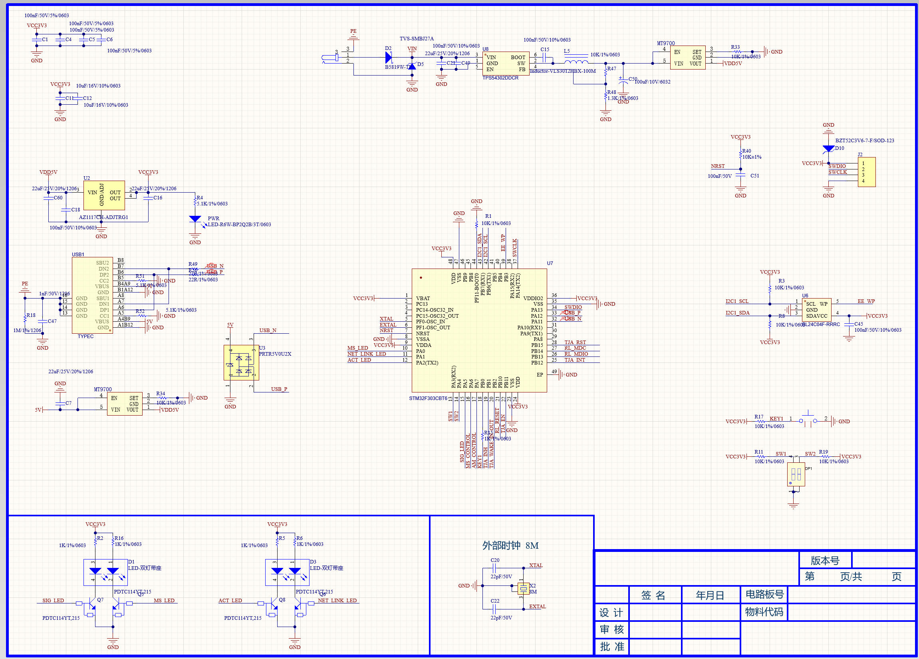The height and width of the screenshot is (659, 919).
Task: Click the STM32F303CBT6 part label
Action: (428, 398)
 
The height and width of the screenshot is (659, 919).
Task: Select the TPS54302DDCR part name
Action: (500, 78)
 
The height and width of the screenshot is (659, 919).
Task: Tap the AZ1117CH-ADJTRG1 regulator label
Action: (103, 217)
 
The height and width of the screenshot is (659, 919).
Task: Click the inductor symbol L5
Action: (576, 62)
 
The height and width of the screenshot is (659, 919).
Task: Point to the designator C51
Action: (754, 176)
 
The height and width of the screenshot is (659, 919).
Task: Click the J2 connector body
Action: (866, 172)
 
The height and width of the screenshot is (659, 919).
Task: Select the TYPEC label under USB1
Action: (85, 336)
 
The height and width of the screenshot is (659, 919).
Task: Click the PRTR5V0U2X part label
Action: (275, 354)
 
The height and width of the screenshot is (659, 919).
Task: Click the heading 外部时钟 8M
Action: (510, 546)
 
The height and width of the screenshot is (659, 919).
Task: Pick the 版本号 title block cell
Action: (825, 560)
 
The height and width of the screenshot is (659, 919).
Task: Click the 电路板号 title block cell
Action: (764, 595)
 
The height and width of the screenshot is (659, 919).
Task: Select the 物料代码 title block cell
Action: (764, 612)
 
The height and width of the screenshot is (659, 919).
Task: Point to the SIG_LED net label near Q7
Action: (53, 601)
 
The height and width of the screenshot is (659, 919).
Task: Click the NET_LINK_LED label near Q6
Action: (337, 601)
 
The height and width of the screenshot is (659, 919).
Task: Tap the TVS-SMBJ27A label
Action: (417, 39)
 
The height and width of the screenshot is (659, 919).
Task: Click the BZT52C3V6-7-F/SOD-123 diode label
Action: (865, 141)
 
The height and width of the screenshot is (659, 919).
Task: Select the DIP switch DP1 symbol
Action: (796, 474)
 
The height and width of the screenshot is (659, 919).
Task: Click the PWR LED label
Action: (214, 219)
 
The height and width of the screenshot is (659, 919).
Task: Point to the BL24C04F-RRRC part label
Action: (821, 325)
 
